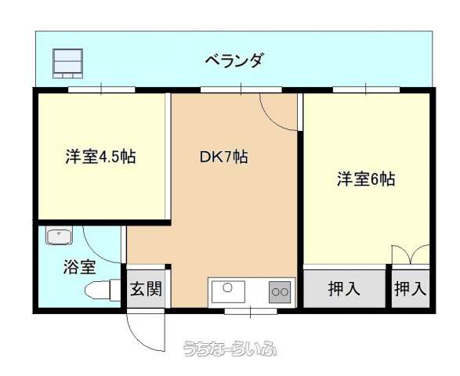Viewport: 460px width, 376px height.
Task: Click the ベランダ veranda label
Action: point(234,60)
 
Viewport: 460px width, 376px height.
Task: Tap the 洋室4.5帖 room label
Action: point(100,157)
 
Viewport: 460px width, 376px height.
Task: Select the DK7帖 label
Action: point(224,157)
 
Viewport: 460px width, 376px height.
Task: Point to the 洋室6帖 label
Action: point(366,179)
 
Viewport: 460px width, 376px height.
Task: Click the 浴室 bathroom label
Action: point(79,267)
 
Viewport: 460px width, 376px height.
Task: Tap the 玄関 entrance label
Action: point(146,288)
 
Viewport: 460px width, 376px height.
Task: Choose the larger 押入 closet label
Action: point(344,288)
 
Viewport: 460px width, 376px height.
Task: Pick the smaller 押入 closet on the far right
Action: point(410,288)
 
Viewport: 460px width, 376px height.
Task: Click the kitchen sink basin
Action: point(228,291)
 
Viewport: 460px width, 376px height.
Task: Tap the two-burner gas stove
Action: point(280,292)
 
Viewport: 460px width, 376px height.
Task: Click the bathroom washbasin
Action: point(59,235)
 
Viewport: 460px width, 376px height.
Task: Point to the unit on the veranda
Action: point(67,63)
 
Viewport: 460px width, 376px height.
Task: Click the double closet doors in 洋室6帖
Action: point(411,255)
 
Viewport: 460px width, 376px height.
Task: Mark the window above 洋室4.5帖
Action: point(102,89)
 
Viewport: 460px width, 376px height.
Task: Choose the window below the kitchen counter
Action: point(251,312)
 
